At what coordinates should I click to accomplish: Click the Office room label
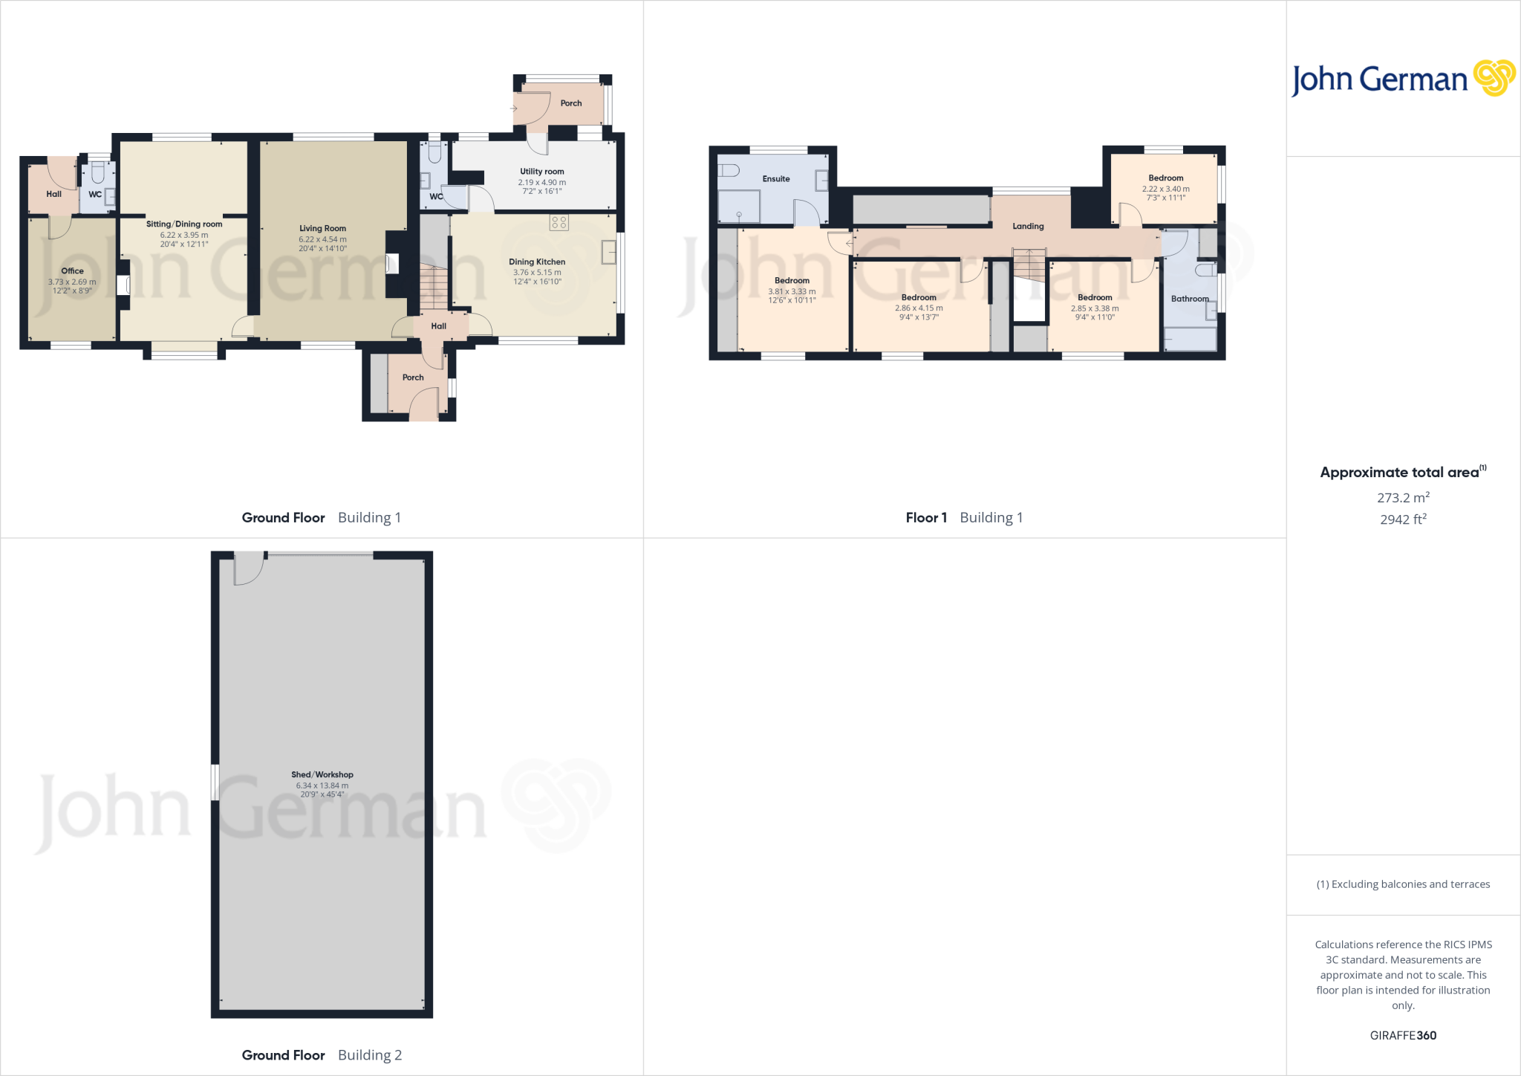click(x=72, y=270)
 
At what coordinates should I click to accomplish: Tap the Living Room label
click(x=322, y=228)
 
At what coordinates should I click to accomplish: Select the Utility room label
click(x=542, y=172)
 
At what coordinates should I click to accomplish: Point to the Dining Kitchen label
click(x=537, y=262)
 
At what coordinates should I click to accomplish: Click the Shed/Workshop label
click(x=322, y=774)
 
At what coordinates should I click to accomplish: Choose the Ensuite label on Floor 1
click(x=776, y=179)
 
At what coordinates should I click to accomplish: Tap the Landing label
click(x=1028, y=226)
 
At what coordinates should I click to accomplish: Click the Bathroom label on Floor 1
click(x=1190, y=299)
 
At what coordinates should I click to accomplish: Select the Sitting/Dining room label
click(x=184, y=224)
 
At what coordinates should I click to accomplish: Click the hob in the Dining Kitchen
click(x=559, y=222)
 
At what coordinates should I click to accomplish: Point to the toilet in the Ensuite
click(x=729, y=171)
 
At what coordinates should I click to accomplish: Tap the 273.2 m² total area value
click(x=1403, y=497)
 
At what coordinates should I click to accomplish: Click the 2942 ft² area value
click(x=1403, y=519)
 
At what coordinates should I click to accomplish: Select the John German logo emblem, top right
click(x=1494, y=78)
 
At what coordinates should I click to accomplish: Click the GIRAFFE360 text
click(x=1403, y=1035)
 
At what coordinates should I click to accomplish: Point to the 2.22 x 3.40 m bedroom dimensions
click(x=1166, y=189)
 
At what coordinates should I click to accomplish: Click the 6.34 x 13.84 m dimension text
click(x=322, y=785)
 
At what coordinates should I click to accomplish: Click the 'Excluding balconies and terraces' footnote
click(x=1403, y=884)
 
